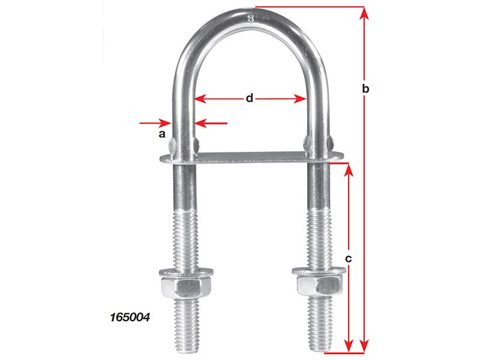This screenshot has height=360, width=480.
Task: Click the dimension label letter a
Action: (x=161, y=135)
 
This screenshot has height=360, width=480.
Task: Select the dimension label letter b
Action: (x=366, y=89)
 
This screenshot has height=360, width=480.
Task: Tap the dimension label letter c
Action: (x=349, y=259)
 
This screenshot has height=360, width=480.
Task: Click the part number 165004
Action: (x=130, y=314)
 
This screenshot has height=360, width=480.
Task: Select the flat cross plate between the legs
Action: (x=252, y=157)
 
